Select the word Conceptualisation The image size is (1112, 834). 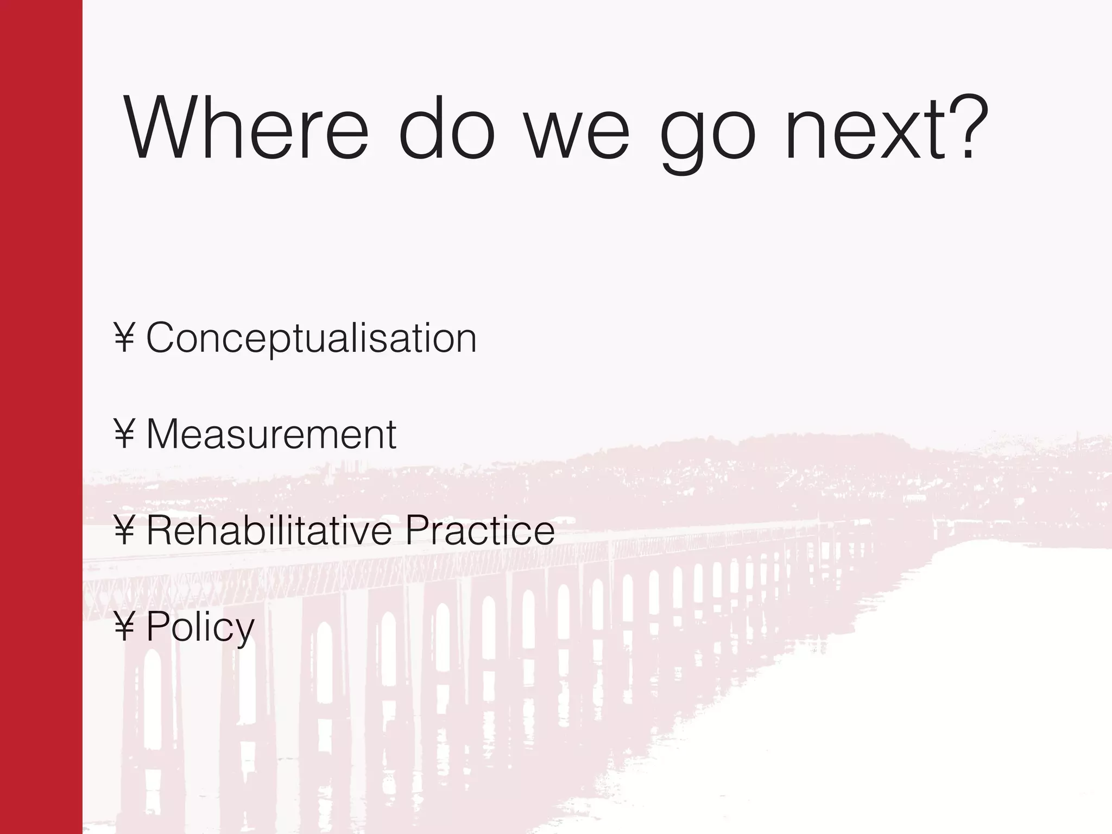click(311, 338)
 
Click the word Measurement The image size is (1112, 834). click(271, 434)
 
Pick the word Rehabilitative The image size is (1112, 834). click(269, 530)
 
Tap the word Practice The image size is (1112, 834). click(480, 530)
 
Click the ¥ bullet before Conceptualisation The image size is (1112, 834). click(124, 338)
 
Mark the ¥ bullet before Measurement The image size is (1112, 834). click(124, 434)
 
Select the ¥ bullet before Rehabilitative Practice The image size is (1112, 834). click(124, 530)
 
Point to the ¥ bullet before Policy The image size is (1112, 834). click(124, 627)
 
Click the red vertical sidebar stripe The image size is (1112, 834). click(41, 417)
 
